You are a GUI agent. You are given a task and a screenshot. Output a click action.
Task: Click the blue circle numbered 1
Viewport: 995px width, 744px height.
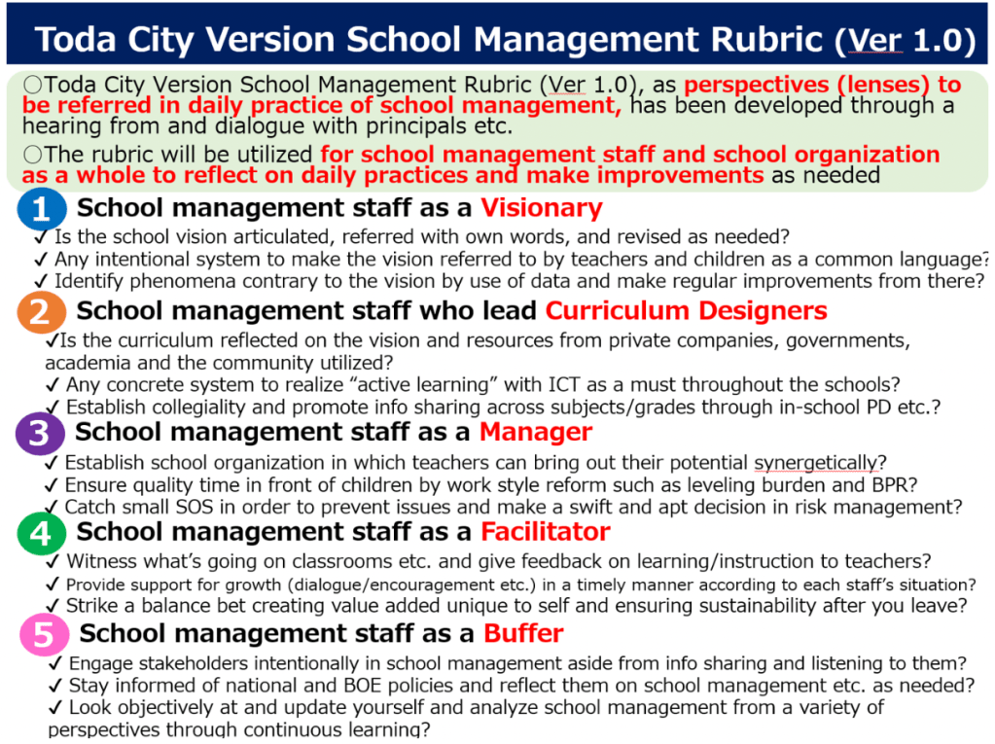40,208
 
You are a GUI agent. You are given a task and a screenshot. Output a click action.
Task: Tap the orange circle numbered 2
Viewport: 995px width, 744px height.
40,311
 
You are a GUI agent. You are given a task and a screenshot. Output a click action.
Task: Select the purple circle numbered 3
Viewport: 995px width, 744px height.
39,433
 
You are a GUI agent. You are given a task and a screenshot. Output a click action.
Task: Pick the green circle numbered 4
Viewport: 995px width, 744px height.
40,533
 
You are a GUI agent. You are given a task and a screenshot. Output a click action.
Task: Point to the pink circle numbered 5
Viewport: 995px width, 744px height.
44,635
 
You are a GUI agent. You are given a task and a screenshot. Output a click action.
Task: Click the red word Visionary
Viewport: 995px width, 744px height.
542,208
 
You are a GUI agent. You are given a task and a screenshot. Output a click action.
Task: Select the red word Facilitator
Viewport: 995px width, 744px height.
546,532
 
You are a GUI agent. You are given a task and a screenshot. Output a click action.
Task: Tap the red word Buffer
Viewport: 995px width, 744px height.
524,634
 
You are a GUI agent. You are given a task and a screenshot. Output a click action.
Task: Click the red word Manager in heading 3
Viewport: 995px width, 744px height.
536,432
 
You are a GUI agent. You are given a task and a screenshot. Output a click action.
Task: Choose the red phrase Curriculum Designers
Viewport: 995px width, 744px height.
686,310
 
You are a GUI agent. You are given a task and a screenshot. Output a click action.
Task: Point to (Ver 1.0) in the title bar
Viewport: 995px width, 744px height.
905,41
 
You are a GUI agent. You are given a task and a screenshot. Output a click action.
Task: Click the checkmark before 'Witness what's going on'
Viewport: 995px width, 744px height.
55,561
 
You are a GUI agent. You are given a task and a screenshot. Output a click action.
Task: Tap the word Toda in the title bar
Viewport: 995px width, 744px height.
78,40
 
